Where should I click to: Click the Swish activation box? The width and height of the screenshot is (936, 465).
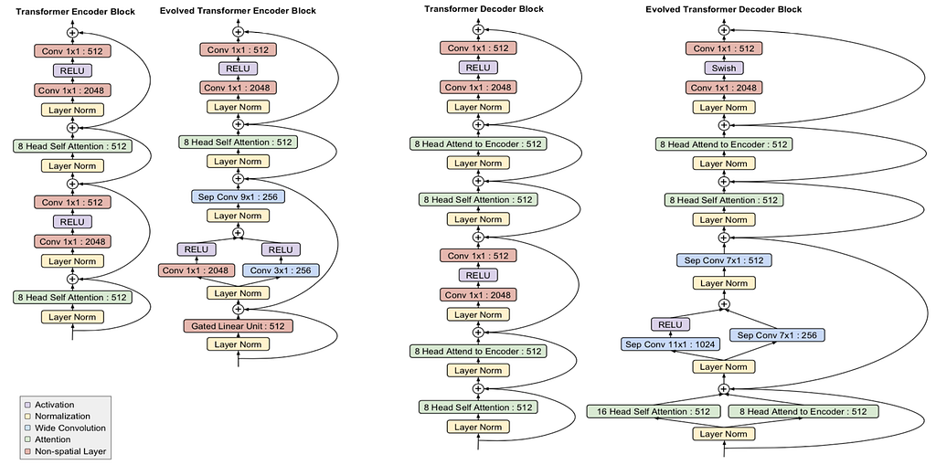724,68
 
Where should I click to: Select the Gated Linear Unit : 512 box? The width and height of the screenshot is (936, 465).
239,326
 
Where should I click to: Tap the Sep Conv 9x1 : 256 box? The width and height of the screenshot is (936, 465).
239,196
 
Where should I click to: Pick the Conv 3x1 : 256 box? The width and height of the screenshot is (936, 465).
281,270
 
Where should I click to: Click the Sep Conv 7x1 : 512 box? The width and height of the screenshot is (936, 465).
724,260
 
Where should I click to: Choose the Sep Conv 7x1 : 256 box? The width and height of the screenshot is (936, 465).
777,335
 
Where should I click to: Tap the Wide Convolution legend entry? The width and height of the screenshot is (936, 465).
65,428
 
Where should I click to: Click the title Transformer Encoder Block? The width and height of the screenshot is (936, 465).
75,11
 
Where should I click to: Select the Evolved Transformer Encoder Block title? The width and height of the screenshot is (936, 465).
238,11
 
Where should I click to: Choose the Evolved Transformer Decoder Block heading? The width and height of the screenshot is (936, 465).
724,9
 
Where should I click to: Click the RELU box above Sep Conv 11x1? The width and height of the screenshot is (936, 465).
670,324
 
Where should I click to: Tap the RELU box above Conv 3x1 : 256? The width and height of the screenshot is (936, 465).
281,248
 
